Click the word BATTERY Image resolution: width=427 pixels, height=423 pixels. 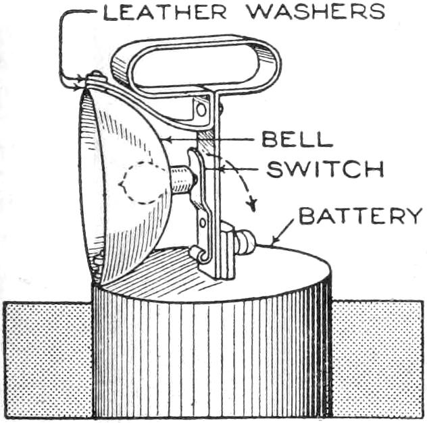pos(360,217)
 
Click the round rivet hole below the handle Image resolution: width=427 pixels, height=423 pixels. pos(201,109)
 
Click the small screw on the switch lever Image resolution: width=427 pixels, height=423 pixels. pos(202,220)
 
